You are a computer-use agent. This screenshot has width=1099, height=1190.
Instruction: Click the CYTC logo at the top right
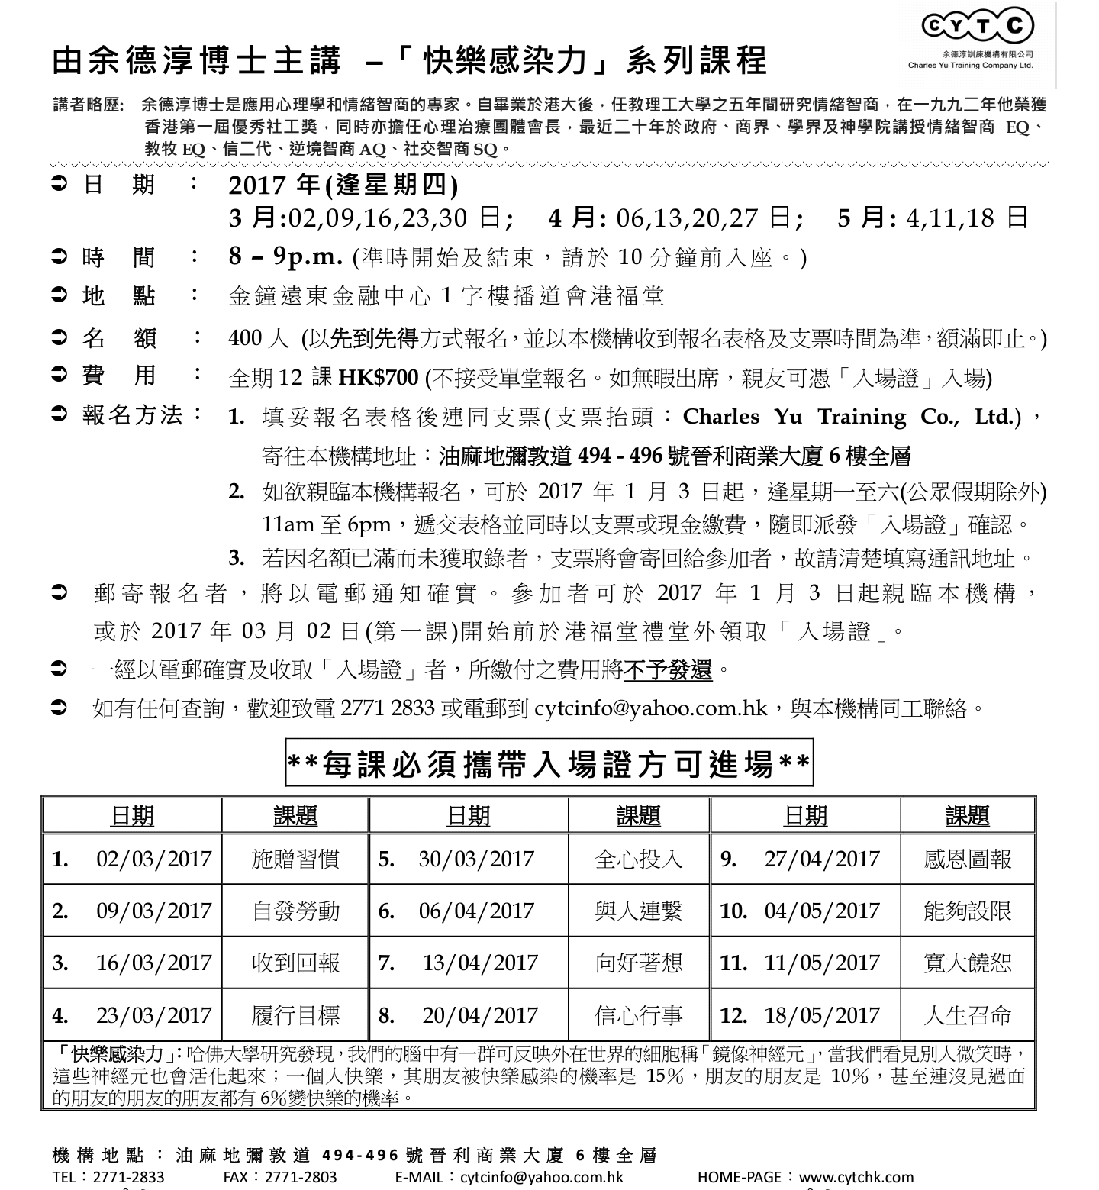click(978, 27)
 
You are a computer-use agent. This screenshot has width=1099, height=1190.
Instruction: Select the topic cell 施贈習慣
click(295, 859)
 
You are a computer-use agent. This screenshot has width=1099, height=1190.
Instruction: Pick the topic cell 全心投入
click(639, 859)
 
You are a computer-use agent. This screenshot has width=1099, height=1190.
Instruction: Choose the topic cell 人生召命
click(967, 1015)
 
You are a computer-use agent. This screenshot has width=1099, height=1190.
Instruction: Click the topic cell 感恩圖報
click(967, 859)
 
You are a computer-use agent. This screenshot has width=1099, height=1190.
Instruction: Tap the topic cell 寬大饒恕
click(967, 963)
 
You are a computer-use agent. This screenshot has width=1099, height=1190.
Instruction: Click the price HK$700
click(379, 377)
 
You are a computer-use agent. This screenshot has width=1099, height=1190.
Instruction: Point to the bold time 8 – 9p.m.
click(285, 256)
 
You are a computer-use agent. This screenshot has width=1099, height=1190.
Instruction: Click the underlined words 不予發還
click(668, 670)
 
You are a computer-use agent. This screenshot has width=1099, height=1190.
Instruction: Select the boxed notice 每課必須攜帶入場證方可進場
click(549, 763)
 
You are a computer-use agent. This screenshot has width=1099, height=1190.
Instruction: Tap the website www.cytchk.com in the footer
click(856, 1176)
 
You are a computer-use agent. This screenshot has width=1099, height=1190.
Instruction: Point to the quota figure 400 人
click(256, 338)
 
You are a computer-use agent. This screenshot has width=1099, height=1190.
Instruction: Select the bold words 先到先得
click(374, 338)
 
